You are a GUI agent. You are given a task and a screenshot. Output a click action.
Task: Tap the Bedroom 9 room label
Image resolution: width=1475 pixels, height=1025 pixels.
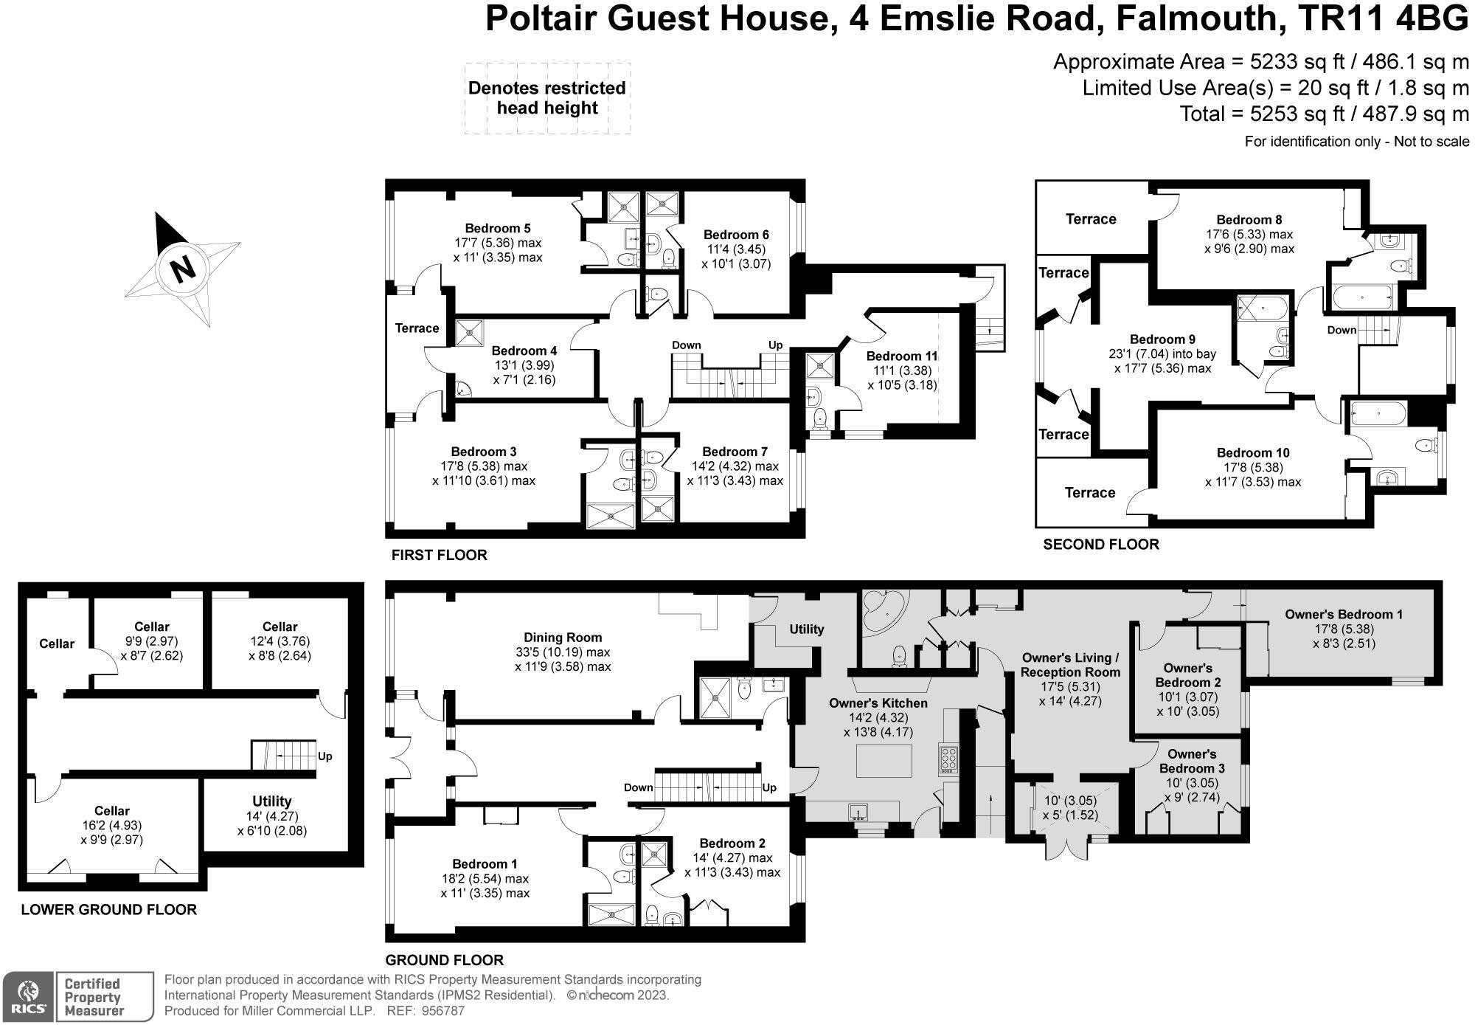[x=1162, y=339]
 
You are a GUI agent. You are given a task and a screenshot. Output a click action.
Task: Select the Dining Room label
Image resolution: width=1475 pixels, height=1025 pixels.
[x=563, y=638]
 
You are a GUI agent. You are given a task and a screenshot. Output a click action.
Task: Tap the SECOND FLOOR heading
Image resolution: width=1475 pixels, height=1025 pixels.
[x=1100, y=545]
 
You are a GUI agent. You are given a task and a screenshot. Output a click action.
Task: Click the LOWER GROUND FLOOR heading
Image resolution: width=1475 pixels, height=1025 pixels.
[x=108, y=910]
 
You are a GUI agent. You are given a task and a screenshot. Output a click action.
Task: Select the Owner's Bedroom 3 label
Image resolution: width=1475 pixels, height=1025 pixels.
[x=1192, y=762]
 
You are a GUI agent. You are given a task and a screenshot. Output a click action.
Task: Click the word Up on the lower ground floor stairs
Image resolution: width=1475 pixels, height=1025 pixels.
[x=324, y=756]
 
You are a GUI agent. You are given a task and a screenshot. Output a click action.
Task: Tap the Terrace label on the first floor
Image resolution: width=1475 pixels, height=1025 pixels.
[x=417, y=328]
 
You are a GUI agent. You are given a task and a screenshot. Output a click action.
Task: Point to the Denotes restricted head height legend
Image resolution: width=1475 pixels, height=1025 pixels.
[x=546, y=98]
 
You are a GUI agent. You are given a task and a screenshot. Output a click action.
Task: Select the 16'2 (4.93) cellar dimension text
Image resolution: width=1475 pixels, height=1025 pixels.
[x=111, y=826]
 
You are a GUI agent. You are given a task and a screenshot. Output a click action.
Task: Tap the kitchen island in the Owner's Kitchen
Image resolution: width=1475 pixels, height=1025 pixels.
[x=884, y=761]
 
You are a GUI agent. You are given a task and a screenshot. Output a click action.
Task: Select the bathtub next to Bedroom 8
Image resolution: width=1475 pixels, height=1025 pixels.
[x=1361, y=299]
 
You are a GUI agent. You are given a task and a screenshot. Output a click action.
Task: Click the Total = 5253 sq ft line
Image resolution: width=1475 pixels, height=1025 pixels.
[x=1324, y=114]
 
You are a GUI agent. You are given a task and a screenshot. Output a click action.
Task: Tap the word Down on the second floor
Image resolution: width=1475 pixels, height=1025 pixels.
[x=1342, y=330]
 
